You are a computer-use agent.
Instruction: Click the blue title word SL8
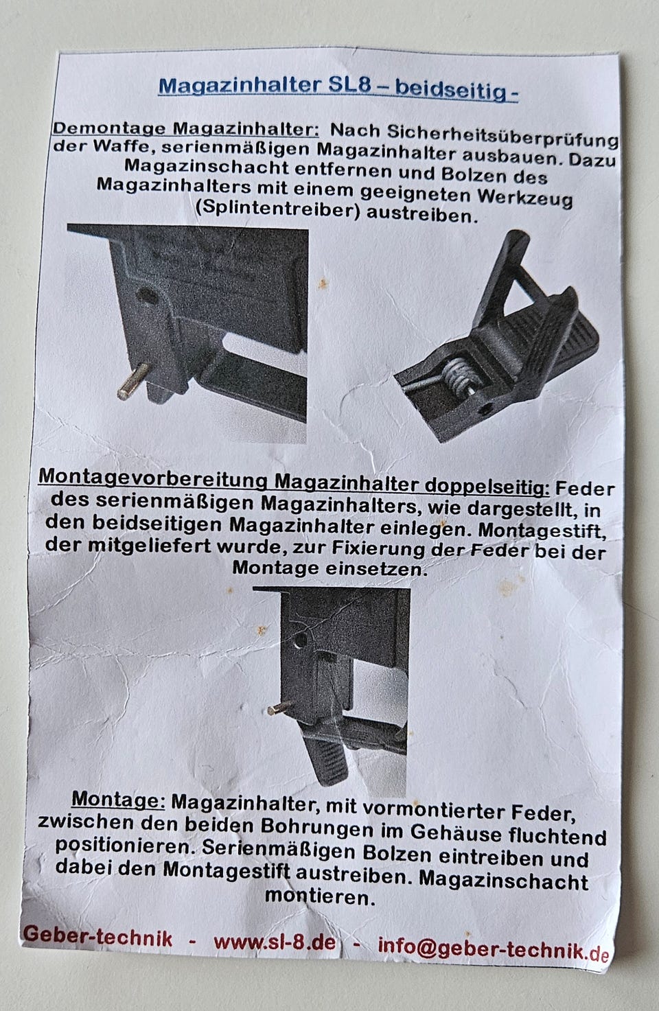tap(349, 86)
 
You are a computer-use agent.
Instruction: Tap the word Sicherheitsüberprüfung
tap(502, 135)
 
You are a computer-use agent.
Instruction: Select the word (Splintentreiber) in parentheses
tap(277, 209)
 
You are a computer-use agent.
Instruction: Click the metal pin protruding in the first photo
tap(132, 381)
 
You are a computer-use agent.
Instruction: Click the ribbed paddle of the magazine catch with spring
tap(551, 334)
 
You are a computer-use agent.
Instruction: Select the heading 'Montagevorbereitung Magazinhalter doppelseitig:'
tap(294, 480)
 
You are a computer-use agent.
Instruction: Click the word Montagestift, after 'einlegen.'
tap(541, 531)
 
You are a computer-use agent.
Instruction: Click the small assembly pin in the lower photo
tap(279, 708)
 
